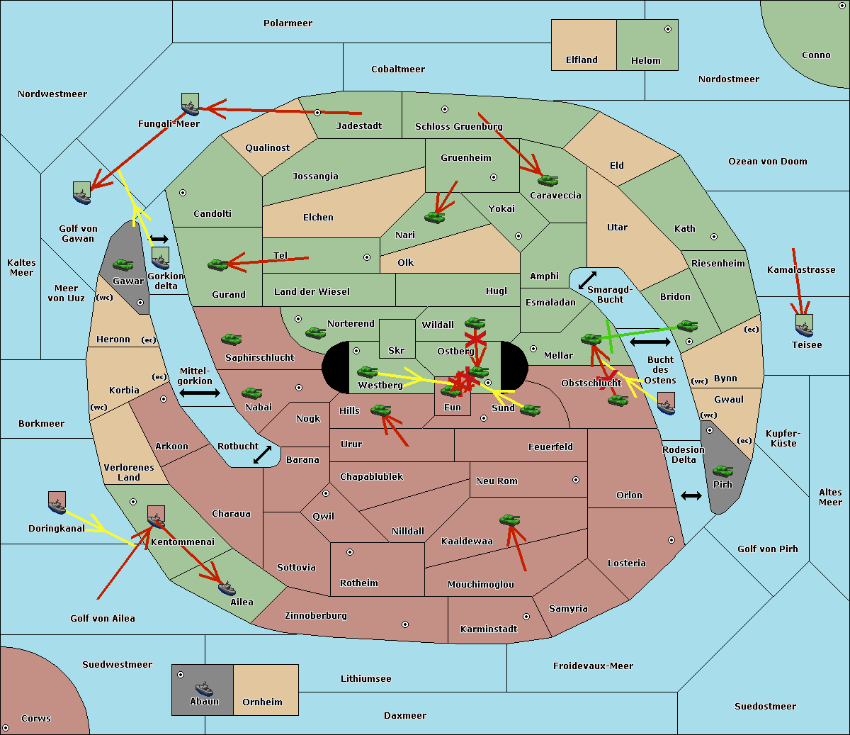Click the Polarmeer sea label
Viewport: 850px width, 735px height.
pos(288,23)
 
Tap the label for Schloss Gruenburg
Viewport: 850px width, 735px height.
pos(458,127)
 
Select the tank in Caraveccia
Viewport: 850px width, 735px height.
pos(548,181)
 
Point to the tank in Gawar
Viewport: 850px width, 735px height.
pos(123,265)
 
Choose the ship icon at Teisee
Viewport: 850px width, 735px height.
pos(804,326)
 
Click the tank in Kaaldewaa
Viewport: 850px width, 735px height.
pos(509,520)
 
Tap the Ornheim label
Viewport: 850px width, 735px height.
pos(262,702)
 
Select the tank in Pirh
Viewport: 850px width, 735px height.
pos(722,471)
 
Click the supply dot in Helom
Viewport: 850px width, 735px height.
pos(667,29)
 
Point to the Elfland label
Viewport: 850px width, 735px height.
pos(582,60)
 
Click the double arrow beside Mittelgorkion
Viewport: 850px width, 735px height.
pos(200,393)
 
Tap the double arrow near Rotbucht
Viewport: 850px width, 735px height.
pos(262,455)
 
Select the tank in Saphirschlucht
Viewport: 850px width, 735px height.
pos(231,340)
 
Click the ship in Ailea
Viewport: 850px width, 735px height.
pos(227,588)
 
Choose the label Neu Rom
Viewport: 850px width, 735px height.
pos(497,481)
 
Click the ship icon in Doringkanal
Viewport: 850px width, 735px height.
pos(57,504)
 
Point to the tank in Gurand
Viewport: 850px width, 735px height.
pos(217,264)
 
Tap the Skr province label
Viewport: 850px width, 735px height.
pos(396,351)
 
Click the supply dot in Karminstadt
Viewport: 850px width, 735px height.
pos(526,617)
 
